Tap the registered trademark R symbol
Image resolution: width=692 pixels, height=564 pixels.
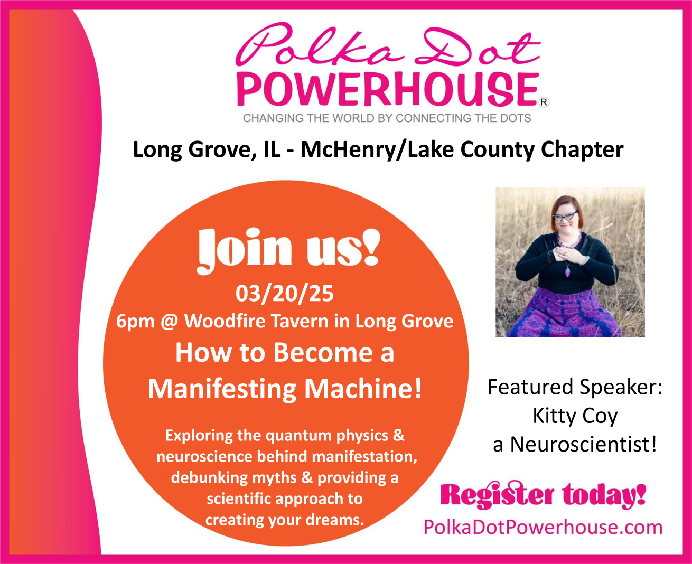[x=544, y=102]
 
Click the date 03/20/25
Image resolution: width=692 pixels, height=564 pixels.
[x=285, y=293]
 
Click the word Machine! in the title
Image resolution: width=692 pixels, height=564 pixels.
[x=363, y=389]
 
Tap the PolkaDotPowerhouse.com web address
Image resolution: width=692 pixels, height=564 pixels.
[x=543, y=527]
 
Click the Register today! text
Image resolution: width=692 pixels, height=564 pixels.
[x=543, y=494]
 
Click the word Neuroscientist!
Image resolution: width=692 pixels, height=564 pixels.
[x=583, y=445]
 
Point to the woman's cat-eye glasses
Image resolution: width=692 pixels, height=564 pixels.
[x=565, y=217]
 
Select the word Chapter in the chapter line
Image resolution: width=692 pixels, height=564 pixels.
[x=582, y=151]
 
